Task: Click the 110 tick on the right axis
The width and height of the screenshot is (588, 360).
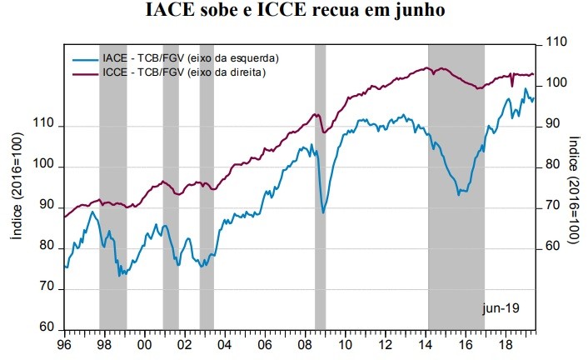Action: pos(556,42)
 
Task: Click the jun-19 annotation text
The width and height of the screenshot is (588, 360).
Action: pos(501,308)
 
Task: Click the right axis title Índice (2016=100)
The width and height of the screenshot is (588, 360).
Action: pos(574,191)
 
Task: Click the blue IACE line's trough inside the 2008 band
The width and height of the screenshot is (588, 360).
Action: pos(323,212)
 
